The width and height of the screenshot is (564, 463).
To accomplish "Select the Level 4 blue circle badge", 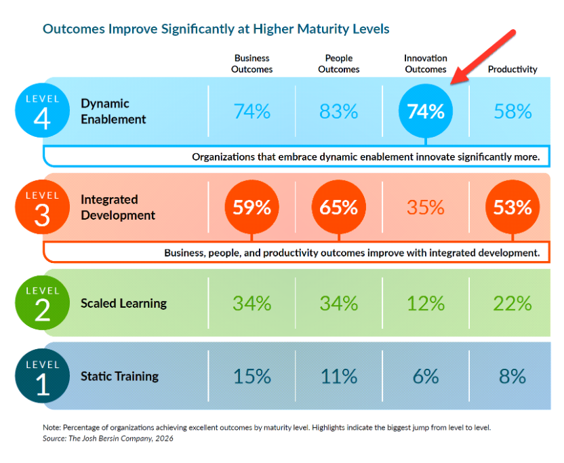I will [42, 110].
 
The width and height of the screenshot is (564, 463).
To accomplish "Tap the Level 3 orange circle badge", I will [42, 207].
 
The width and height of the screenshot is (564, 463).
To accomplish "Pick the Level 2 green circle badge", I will [42, 303].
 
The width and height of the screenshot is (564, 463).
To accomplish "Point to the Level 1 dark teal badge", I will [42, 376].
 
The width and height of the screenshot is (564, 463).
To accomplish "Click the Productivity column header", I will [512, 69].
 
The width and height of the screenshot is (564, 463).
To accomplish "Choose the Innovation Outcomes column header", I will [425, 64].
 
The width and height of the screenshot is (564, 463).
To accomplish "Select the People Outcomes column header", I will [338, 64].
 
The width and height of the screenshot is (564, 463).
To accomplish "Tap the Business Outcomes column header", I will [251, 64].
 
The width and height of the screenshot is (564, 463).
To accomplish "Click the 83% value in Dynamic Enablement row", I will [338, 111].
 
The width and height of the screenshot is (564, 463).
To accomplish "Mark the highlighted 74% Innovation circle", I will [425, 111].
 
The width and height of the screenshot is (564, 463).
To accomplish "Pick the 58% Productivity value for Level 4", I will [512, 111].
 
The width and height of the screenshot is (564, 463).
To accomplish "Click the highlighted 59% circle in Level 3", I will [251, 207].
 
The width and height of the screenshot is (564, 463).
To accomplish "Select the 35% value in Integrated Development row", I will [425, 207].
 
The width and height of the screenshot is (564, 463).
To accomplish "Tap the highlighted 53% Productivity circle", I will [512, 207].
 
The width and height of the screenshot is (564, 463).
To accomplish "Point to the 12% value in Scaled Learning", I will [425, 303].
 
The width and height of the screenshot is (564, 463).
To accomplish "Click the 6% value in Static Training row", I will [425, 376].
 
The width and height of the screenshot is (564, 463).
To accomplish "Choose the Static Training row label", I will [119, 376].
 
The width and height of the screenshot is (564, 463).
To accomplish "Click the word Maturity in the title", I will [313, 29].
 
